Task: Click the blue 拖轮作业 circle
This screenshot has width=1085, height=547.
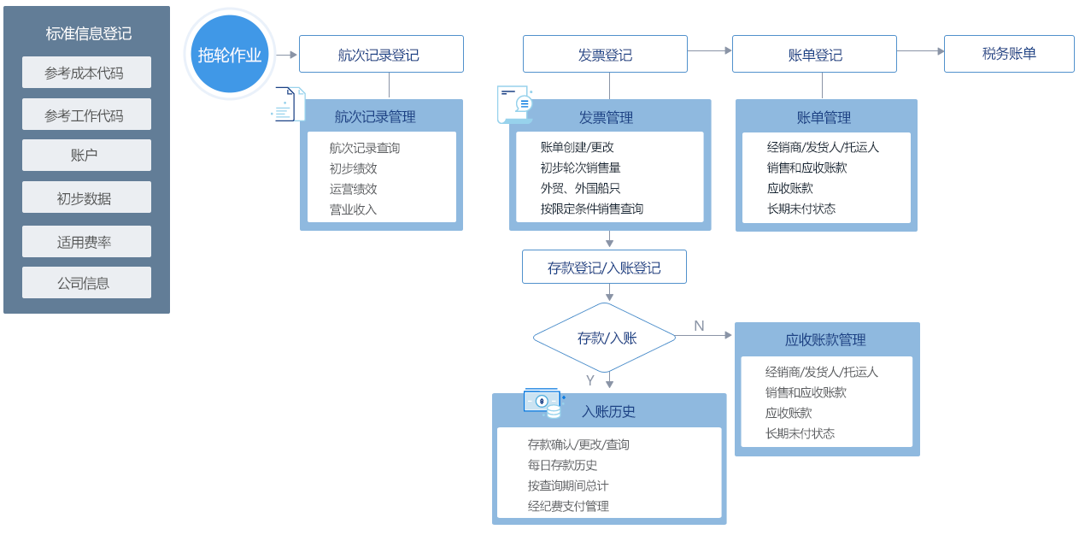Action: coord(229,55)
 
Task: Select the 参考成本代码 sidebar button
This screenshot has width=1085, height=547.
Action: coord(86,73)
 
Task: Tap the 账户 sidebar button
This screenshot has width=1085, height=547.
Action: coord(86,156)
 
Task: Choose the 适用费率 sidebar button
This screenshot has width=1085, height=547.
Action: coord(86,242)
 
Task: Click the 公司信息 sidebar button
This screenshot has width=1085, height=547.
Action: coord(86,283)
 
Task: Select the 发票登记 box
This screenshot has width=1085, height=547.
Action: coord(605,54)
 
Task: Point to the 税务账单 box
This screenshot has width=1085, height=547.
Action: coord(1009,53)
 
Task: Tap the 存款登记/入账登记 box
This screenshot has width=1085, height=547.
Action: coord(604,268)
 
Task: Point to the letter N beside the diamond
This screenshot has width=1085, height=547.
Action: coord(699,326)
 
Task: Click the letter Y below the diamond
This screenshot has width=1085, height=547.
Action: coord(589,380)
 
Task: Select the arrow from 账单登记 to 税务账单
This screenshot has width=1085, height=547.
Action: coord(920,51)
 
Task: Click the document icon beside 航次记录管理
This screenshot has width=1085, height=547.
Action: coord(287,104)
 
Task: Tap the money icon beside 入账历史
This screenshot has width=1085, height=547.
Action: coord(544,403)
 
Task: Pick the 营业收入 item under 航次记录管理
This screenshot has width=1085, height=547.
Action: coord(353,209)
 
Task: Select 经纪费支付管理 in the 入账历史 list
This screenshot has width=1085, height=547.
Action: coord(568,506)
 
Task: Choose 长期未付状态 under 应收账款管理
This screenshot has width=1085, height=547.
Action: coord(800,433)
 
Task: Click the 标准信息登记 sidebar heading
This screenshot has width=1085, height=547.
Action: coord(89,34)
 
